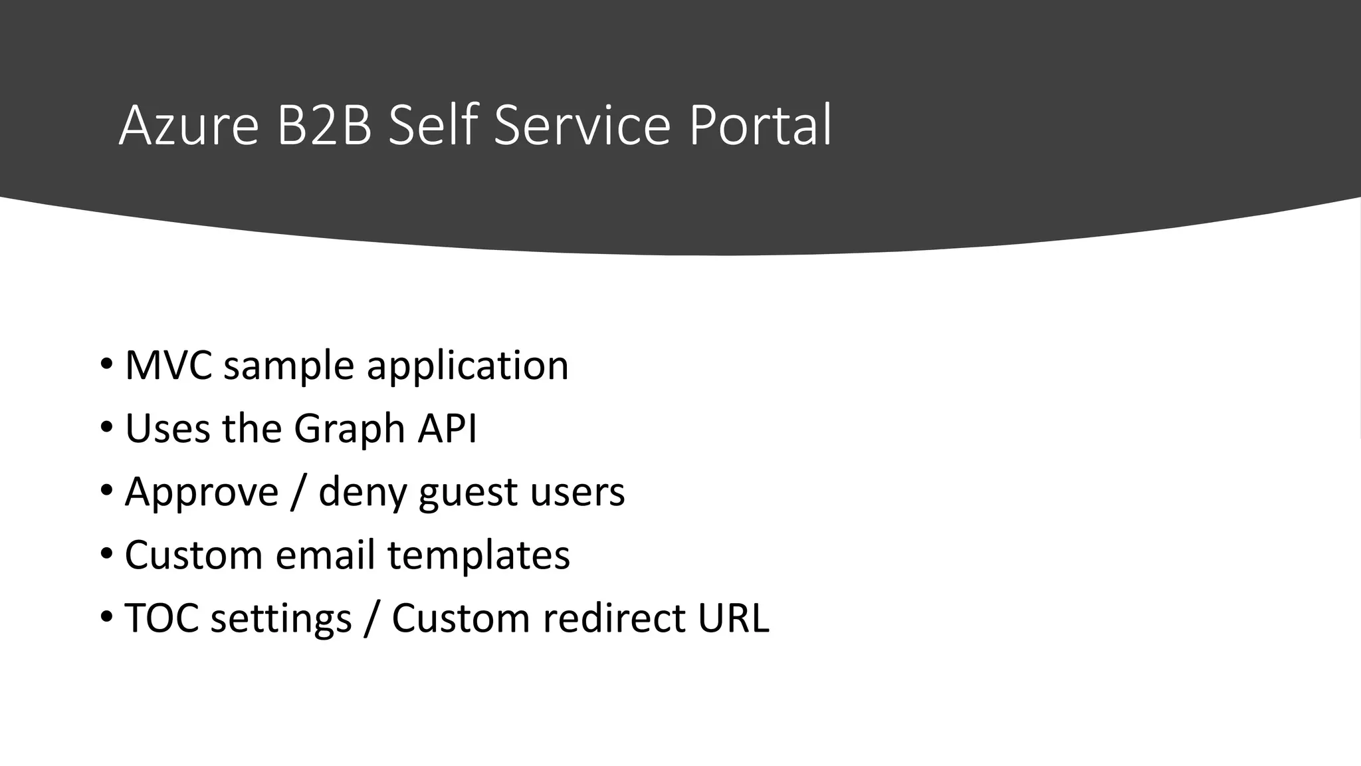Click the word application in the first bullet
(x=467, y=366)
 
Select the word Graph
(x=350, y=429)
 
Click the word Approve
(x=201, y=493)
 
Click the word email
(x=325, y=555)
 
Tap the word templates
(x=478, y=556)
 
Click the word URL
(x=733, y=618)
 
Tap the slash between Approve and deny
(x=298, y=493)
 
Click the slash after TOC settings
(x=371, y=618)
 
